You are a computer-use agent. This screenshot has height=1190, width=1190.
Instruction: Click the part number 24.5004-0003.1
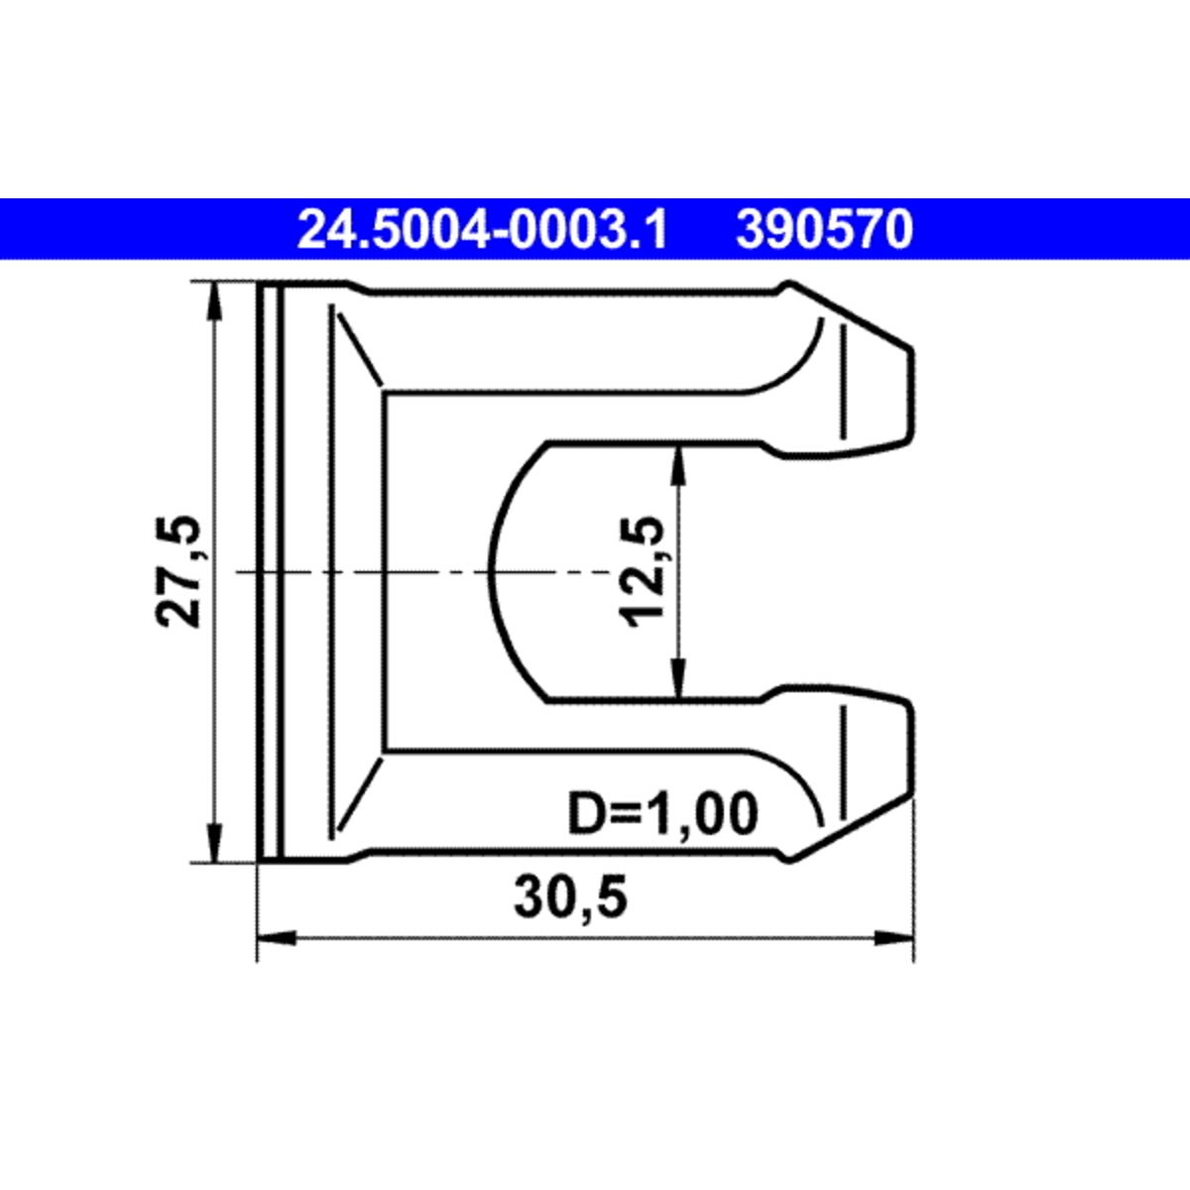pyautogui.click(x=482, y=230)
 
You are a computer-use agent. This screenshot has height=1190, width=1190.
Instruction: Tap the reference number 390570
pyautogui.click(x=824, y=230)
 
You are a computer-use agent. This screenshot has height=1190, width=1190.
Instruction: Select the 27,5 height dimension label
pyautogui.click(x=178, y=571)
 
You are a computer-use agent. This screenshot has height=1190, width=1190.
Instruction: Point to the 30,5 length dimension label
pyautogui.click(x=570, y=896)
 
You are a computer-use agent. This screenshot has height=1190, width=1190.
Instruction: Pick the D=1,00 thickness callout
pyautogui.click(x=662, y=813)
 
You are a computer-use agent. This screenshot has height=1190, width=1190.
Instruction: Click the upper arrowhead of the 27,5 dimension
pyautogui.click(x=213, y=300)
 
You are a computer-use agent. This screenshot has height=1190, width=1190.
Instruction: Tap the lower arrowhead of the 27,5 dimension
pyautogui.click(x=213, y=843)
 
